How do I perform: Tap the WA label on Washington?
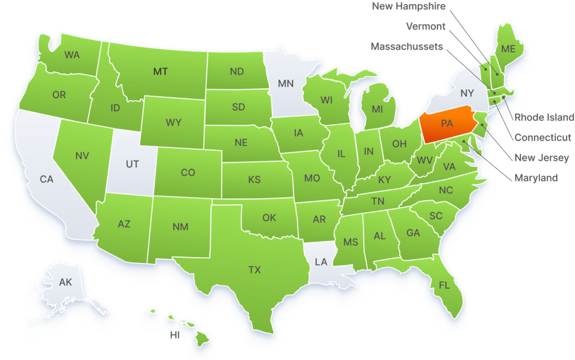tap(72, 55)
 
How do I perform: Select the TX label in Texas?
tap(254, 270)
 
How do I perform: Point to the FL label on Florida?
tap(444, 285)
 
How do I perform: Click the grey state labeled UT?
tap(132, 164)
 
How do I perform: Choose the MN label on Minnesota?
tap(286, 84)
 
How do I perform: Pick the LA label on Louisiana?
tap(321, 262)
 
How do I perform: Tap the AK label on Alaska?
tap(66, 282)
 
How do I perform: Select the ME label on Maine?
tap(508, 49)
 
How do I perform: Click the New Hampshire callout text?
tap(409, 7)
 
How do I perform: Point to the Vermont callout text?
tap(426, 26)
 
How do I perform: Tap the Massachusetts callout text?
tap(407, 47)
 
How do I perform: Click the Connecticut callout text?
tap(543, 138)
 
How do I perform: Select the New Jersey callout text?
tap(541, 158)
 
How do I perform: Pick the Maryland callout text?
tap(536, 178)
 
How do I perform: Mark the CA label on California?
tap(47, 179)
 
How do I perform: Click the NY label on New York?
tap(467, 92)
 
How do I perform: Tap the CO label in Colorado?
tap(188, 172)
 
